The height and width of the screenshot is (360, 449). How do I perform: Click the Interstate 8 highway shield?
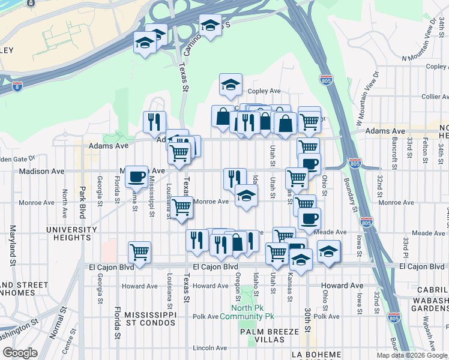coord(17,86)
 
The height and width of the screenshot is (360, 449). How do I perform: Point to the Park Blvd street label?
coord(81,203)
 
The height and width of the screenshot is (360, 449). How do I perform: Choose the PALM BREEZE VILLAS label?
coord(262,335)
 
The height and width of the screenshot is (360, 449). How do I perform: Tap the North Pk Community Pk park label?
coord(247,312)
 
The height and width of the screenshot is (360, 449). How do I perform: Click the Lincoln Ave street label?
coord(209,348)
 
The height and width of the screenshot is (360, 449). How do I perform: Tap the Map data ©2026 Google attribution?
coord(412,355)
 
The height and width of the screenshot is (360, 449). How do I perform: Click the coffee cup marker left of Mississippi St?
coord(137,176)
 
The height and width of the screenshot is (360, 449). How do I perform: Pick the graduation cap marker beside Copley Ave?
coord(230,85)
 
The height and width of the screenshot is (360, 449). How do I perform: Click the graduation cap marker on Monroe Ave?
coord(246,196)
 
